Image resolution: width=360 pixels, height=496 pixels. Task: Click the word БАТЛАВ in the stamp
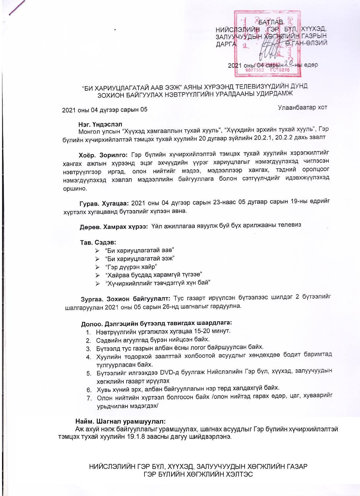click(271, 22)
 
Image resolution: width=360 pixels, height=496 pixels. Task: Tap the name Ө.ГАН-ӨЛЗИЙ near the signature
click(306, 43)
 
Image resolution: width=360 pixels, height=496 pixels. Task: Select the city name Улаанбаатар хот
click(302, 108)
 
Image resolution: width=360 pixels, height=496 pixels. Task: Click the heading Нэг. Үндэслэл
click(100, 124)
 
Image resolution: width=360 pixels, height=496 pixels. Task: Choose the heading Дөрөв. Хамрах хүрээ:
click(114, 227)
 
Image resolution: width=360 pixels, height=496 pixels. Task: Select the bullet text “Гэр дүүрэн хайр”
click(131, 267)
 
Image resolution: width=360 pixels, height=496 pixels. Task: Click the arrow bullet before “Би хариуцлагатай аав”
click(97, 251)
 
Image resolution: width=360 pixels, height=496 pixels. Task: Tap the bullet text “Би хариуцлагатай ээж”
click(139, 258)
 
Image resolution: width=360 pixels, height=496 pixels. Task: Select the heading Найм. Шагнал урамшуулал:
click(121, 421)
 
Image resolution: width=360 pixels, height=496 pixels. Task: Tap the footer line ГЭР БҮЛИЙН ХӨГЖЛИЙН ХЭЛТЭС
click(198, 474)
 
